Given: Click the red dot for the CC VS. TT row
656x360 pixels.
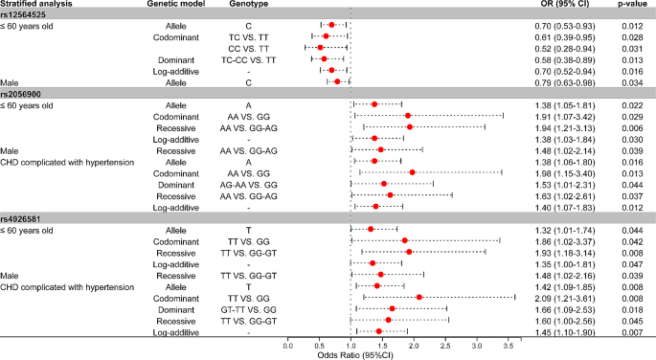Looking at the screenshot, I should (320, 47).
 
